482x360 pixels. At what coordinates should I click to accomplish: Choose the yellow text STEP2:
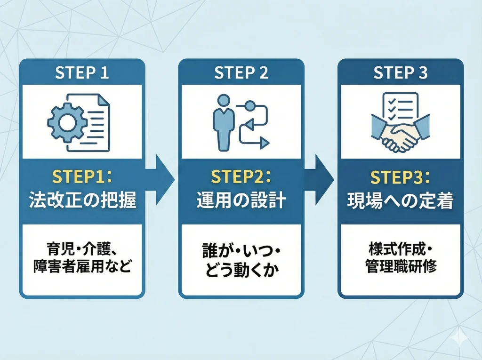click(x=241, y=177)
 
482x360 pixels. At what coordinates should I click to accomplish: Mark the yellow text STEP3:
click(x=401, y=177)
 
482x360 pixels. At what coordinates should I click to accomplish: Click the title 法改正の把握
click(x=82, y=200)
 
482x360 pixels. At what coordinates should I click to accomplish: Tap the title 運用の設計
click(x=241, y=200)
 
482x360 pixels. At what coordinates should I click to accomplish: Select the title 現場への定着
click(x=401, y=200)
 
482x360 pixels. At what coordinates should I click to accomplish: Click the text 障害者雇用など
click(x=82, y=267)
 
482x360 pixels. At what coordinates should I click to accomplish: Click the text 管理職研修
click(x=401, y=267)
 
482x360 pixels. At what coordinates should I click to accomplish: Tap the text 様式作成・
click(x=401, y=248)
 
